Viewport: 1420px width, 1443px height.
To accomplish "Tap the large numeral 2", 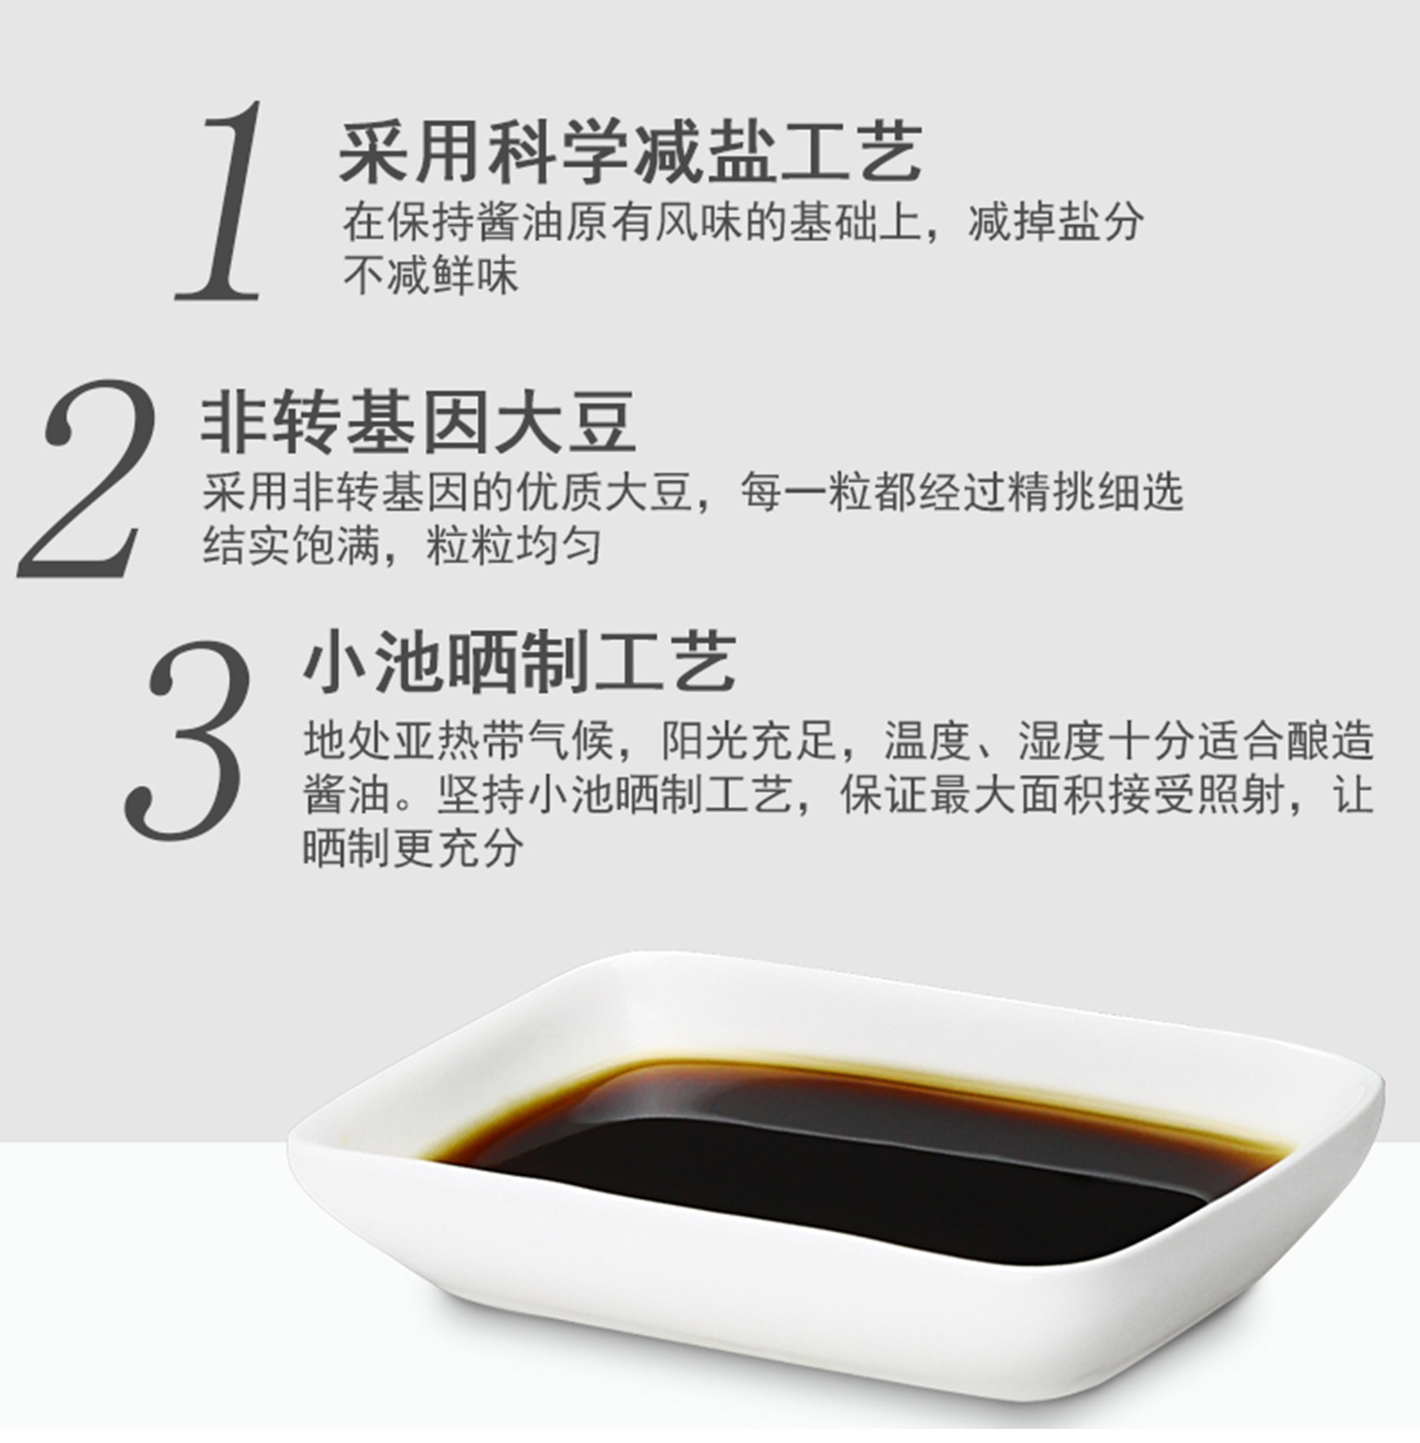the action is (x=88, y=478).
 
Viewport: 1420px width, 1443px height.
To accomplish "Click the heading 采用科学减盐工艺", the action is (x=630, y=153).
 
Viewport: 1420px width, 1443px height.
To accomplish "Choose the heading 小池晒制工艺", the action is (x=520, y=662).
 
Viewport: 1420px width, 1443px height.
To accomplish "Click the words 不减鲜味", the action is (x=430, y=275).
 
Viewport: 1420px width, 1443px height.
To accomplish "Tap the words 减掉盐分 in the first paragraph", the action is (x=1055, y=221).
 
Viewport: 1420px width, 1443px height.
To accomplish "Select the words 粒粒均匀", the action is (x=514, y=545).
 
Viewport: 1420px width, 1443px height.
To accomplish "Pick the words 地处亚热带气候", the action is (x=459, y=741).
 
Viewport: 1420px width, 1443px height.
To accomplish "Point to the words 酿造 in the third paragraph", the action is (x=1330, y=741).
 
